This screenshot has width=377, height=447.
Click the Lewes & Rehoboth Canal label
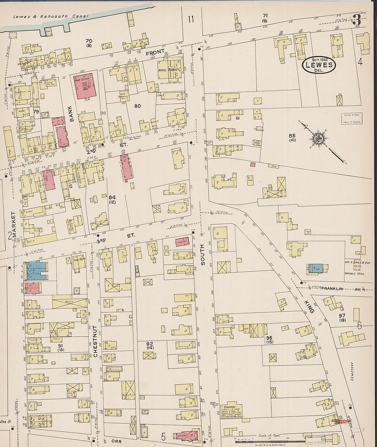(x=51, y=16)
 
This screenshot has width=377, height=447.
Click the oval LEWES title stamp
(x=318, y=65)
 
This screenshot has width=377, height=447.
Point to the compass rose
(x=319, y=139)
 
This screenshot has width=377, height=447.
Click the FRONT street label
(x=155, y=53)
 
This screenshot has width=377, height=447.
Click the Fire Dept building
(x=79, y=263)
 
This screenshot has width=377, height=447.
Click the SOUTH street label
(x=202, y=254)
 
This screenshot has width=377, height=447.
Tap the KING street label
(x=309, y=306)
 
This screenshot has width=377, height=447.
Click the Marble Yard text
(x=355, y=274)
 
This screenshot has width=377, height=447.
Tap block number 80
(x=137, y=106)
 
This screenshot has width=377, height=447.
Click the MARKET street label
(x=14, y=224)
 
